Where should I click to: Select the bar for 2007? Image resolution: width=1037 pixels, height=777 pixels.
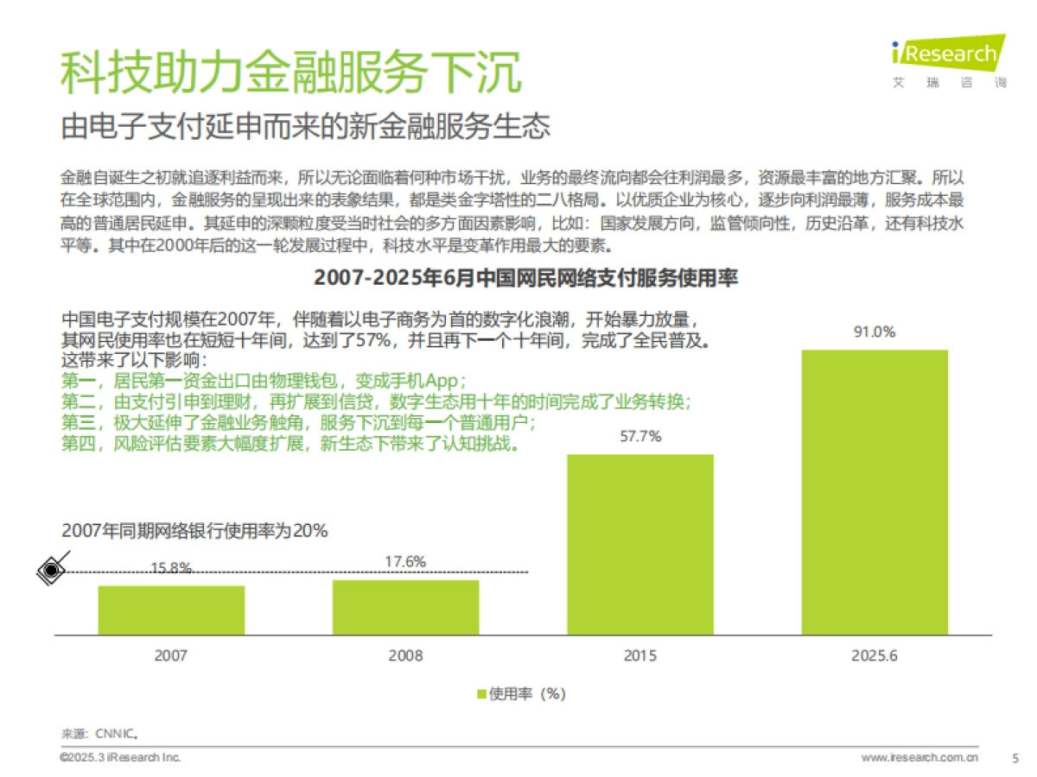[171, 610]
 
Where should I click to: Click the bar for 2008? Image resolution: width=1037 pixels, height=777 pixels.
[405, 607]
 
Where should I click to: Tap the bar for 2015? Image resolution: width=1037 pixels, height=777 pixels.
[640, 544]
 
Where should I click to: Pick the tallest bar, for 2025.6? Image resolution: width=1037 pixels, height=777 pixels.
[875, 492]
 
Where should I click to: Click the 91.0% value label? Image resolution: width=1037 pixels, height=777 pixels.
[875, 332]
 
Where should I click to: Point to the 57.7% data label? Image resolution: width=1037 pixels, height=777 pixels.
[640, 437]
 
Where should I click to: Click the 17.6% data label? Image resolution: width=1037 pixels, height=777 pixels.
[405, 562]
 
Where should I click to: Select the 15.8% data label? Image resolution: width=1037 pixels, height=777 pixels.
[171, 567]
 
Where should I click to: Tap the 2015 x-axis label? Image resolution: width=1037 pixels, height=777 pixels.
[640, 656]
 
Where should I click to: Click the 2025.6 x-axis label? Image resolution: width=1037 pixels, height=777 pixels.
[875, 656]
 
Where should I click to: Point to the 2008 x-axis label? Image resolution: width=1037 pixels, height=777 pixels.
[405, 656]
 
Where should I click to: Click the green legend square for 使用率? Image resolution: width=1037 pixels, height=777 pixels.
[481, 694]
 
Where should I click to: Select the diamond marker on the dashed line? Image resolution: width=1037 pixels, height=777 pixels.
[53, 570]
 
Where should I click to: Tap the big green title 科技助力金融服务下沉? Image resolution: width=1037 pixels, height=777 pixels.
[291, 73]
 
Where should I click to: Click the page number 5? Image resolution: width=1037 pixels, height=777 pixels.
[1015, 758]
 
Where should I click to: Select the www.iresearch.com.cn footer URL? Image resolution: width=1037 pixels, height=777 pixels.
[919, 758]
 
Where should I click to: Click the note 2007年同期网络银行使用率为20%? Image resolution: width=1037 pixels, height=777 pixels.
[194, 532]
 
